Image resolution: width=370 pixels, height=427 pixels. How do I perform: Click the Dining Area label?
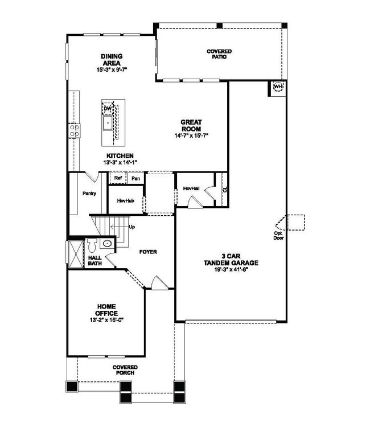pos(112,59)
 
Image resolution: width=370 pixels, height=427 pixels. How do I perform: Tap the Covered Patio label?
pos(219,55)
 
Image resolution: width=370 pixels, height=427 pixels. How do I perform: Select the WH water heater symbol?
pos(278,87)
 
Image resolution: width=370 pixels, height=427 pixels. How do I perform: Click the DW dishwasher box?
pos(107,109)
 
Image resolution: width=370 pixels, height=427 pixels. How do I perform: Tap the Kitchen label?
pos(119,155)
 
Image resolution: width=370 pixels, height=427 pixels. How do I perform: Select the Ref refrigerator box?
pos(118,178)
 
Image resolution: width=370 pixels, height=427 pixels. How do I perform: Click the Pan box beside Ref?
pos(135,178)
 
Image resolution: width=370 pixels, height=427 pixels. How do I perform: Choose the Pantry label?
pos(89,194)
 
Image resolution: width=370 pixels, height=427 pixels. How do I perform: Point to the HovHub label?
pos(125,201)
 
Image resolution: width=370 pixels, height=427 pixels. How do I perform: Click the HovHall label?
pos(191,188)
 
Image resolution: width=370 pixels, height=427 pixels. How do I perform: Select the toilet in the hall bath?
pos(106,244)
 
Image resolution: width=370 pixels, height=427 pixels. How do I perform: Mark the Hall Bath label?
pos(94,260)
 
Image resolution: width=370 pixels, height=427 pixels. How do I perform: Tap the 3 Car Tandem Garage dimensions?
pos(231,271)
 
